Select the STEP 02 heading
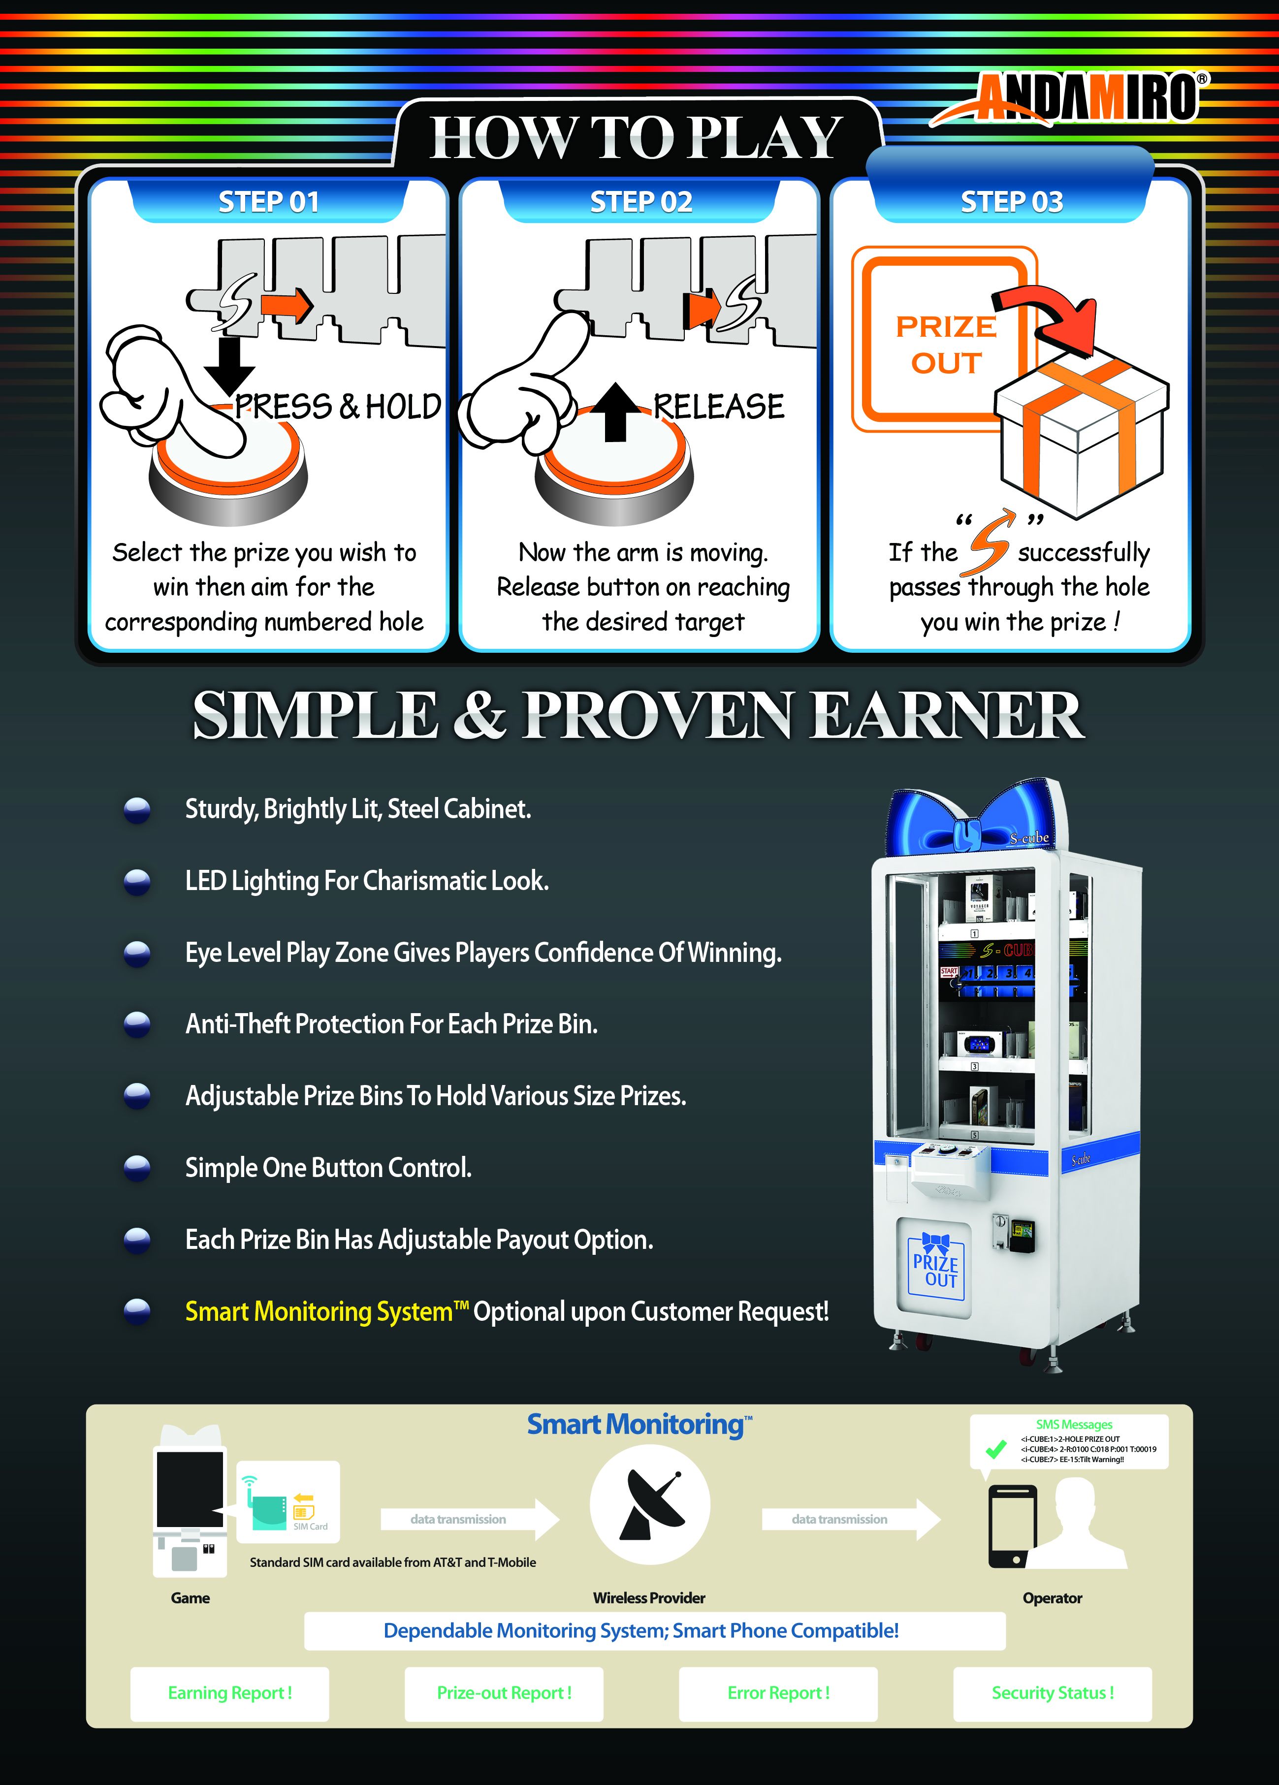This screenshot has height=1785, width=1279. click(x=640, y=202)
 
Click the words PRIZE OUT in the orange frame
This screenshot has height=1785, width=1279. click(x=946, y=345)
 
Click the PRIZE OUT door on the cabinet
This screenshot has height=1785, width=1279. click(x=935, y=1267)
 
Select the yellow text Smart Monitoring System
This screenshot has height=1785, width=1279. click(x=319, y=1312)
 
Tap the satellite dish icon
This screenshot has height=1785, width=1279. click(x=650, y=1505)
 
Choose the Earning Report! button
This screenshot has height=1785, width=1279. click(x=230, y=1693)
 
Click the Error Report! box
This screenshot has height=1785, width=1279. click(x=778, y=1693)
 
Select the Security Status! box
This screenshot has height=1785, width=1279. click(x=1053, y=1693)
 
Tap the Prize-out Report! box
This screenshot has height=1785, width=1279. click(x=504, y=1693)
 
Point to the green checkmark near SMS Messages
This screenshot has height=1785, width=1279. click(x=995, y=1449)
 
